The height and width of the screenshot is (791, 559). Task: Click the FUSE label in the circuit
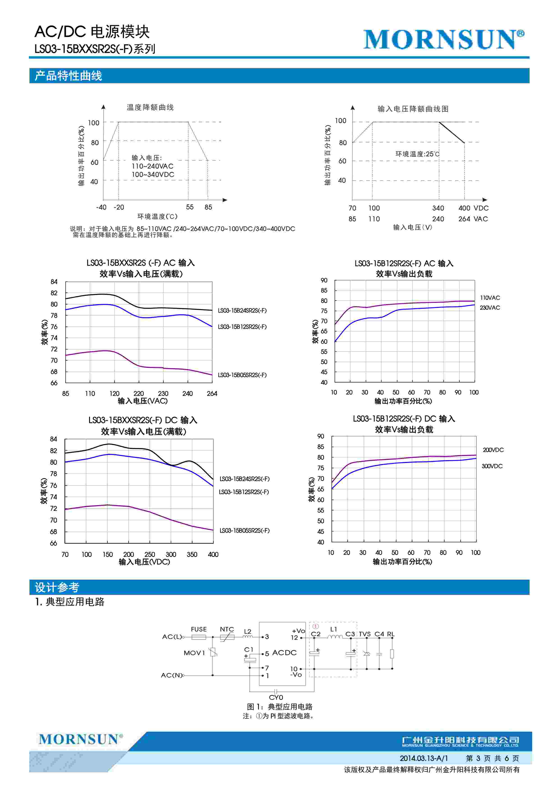tap(199, 629)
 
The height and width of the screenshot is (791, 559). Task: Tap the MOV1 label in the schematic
tap(194, 653)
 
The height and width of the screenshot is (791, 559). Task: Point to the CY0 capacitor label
tap(276, 697)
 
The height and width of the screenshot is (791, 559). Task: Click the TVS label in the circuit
tap(364, 634)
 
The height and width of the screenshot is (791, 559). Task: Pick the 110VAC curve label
tap(490, 298)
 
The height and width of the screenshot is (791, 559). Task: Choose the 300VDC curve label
tap(492, 466)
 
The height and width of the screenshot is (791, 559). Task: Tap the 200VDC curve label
tap(493, 450)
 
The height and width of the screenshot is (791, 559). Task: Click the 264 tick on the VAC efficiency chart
tap(212, 393)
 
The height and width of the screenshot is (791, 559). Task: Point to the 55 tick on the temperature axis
tap(190, 207)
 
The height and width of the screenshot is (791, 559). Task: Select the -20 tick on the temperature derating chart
tap(119, 207)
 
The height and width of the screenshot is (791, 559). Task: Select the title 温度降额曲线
tap(150, 108)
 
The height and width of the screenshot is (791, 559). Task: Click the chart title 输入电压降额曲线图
tap(413, 109)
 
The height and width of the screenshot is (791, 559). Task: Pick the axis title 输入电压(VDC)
tap(144, 562)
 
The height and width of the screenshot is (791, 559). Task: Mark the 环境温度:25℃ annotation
tap(417, 154)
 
